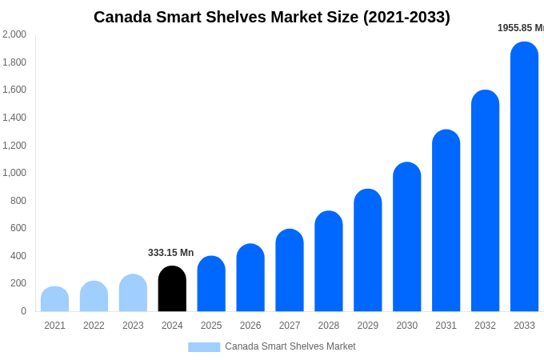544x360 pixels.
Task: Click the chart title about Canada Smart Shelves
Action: point(272,17)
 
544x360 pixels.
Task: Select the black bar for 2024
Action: point(172,289)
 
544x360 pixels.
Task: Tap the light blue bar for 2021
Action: point(54,299)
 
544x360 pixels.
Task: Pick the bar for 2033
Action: point(524,177)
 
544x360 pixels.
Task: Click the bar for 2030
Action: point(406,237)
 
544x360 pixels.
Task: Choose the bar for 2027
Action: point(290,270)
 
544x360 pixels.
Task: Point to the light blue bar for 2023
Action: point(133,293)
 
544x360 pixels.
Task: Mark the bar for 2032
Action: point(485,201)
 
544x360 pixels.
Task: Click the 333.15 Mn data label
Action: point(170,253)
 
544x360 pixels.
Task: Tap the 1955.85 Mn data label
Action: point(520,28)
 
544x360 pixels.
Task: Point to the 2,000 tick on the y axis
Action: point(14,34)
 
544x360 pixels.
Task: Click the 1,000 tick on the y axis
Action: point(14,173)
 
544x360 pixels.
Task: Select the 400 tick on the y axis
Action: point(18,256)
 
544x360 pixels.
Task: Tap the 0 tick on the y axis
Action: point(23,311)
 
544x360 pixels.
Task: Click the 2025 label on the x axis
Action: point(211,326)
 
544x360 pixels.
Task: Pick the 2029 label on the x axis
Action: point(367,326)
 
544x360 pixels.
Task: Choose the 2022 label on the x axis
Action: point(94,326)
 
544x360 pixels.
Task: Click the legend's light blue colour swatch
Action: point(204,347)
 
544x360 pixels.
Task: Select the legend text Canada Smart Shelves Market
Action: point(290,346)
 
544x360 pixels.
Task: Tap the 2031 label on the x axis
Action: point(446,326)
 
